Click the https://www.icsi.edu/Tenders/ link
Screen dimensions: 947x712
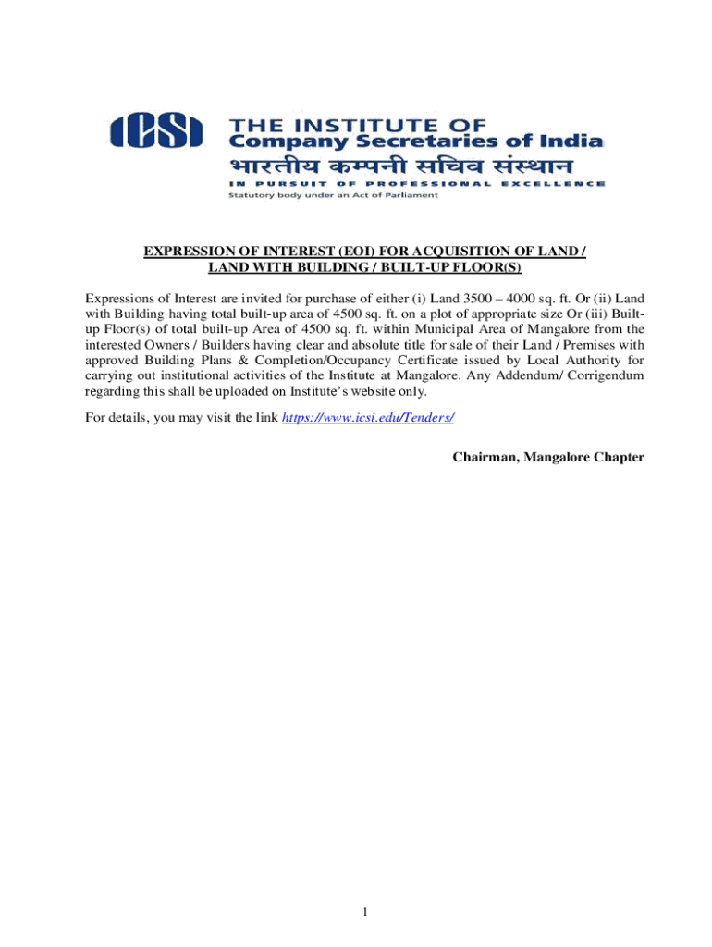[x=367, y=417]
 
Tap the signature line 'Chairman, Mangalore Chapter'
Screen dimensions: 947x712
[x=548, y=457]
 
